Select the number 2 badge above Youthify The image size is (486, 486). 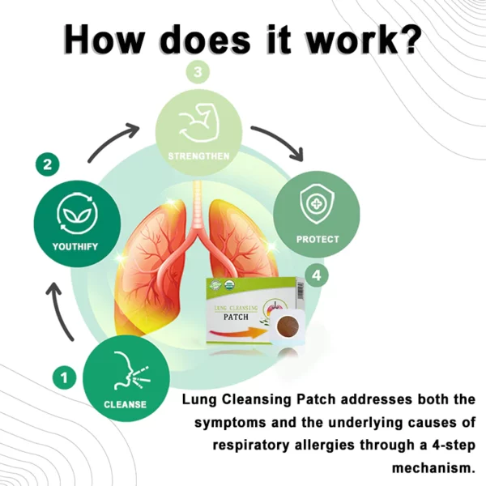coord(48,165)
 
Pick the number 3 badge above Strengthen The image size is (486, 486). coord(198,72)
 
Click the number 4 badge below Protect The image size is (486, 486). coord(318,275)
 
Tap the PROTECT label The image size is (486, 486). coord(318,240)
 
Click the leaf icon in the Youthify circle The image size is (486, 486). coord(77,213)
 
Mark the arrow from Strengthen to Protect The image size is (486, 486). coord(279,142)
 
